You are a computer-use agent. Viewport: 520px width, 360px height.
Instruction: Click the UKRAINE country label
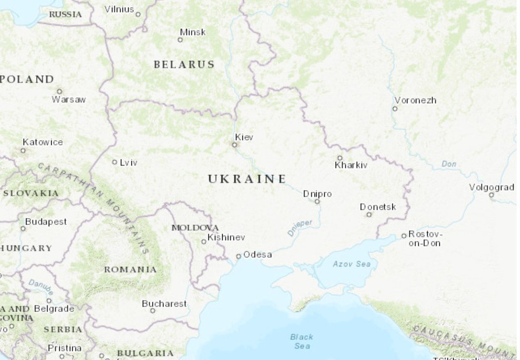tap(247, 179)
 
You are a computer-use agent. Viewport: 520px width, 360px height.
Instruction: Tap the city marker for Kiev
tap(234, 145)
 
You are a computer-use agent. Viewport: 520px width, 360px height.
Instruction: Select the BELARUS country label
tap(184, 65)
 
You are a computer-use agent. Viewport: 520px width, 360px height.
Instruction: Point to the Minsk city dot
tap(180, 40)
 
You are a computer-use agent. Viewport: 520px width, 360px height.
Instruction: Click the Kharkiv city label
tap(351, 165)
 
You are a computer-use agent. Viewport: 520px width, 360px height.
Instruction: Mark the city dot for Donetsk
tap(369, 214)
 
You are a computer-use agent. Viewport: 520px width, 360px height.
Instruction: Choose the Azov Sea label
tap(352, 264)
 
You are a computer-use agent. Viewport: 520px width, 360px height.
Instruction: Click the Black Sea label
tap(302, 341)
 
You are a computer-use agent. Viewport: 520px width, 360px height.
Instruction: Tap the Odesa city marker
tap(238, 256)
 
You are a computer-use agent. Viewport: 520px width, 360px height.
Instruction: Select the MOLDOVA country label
tap(195, 228)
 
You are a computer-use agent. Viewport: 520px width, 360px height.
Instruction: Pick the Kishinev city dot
tap(204, 242)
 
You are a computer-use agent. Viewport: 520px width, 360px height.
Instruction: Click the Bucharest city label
tap(164, 304)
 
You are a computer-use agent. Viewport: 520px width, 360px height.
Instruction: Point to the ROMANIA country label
tap(130, 269)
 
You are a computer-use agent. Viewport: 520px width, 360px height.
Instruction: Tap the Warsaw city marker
tap(59, 92)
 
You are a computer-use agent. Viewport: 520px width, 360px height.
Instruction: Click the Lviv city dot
tap(114, 162)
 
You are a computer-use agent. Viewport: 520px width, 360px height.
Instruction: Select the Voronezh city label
tap(415, 100)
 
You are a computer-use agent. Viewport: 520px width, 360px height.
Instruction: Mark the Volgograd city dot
tap(491, 195)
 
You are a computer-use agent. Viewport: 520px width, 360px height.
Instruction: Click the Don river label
tap(449, 164)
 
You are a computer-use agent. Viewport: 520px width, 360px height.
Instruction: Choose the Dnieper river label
tap(299, 228)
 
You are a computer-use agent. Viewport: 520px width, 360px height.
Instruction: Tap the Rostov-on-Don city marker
tap(404, 236)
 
